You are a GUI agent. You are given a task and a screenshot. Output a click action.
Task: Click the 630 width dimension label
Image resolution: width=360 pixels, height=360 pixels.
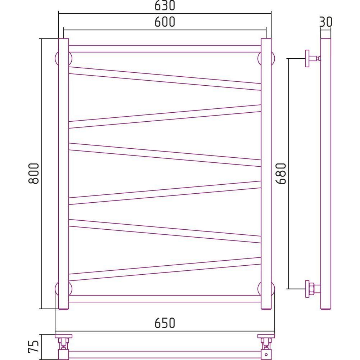pyautogui.click(x=165, y=5)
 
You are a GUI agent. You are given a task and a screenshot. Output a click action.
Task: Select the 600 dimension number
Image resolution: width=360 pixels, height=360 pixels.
pyautogui.click(x=165, y=22)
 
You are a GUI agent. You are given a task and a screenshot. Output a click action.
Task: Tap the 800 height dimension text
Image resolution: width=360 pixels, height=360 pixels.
pyautogui.click(x=34, y=174)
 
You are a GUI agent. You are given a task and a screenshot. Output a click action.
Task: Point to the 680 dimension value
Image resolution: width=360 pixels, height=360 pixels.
pyautogui.click(x=281, y=174)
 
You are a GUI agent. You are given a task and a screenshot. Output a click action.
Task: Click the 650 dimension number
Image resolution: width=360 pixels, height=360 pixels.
pyautogui.click(x=165, y=323)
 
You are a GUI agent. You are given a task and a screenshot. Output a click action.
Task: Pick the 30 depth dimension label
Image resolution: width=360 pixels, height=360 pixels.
pyautogui.click(x=325, y=22)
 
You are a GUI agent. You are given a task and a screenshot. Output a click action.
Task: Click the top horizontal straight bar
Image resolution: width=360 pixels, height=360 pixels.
pyautogui.click(x=165, y=49)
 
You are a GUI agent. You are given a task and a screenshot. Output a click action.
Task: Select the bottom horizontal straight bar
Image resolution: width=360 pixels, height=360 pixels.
pyautogui.click(x=165, y=299)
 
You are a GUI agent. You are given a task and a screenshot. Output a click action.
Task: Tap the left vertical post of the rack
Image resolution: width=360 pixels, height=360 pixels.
pyautogui.click(x=63, y=174)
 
